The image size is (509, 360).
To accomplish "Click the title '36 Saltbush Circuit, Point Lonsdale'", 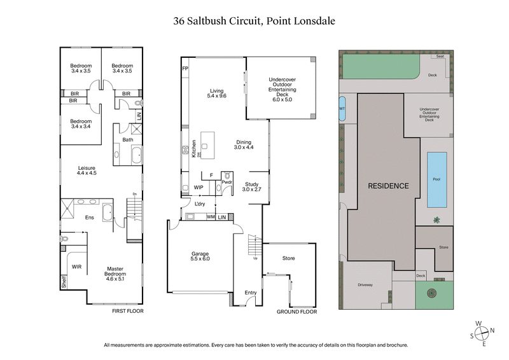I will coord(254,21).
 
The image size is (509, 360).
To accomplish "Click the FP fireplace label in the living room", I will coord(185,68).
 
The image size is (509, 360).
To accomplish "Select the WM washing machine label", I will coord(211,218).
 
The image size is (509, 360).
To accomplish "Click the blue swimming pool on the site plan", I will coord(436,179).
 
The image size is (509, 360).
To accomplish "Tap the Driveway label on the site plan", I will coord(365,284).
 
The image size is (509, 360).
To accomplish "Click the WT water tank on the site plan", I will coord(342,107).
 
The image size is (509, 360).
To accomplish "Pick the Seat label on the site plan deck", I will coord(440,57).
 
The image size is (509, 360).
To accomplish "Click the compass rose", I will coord(484,331).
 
